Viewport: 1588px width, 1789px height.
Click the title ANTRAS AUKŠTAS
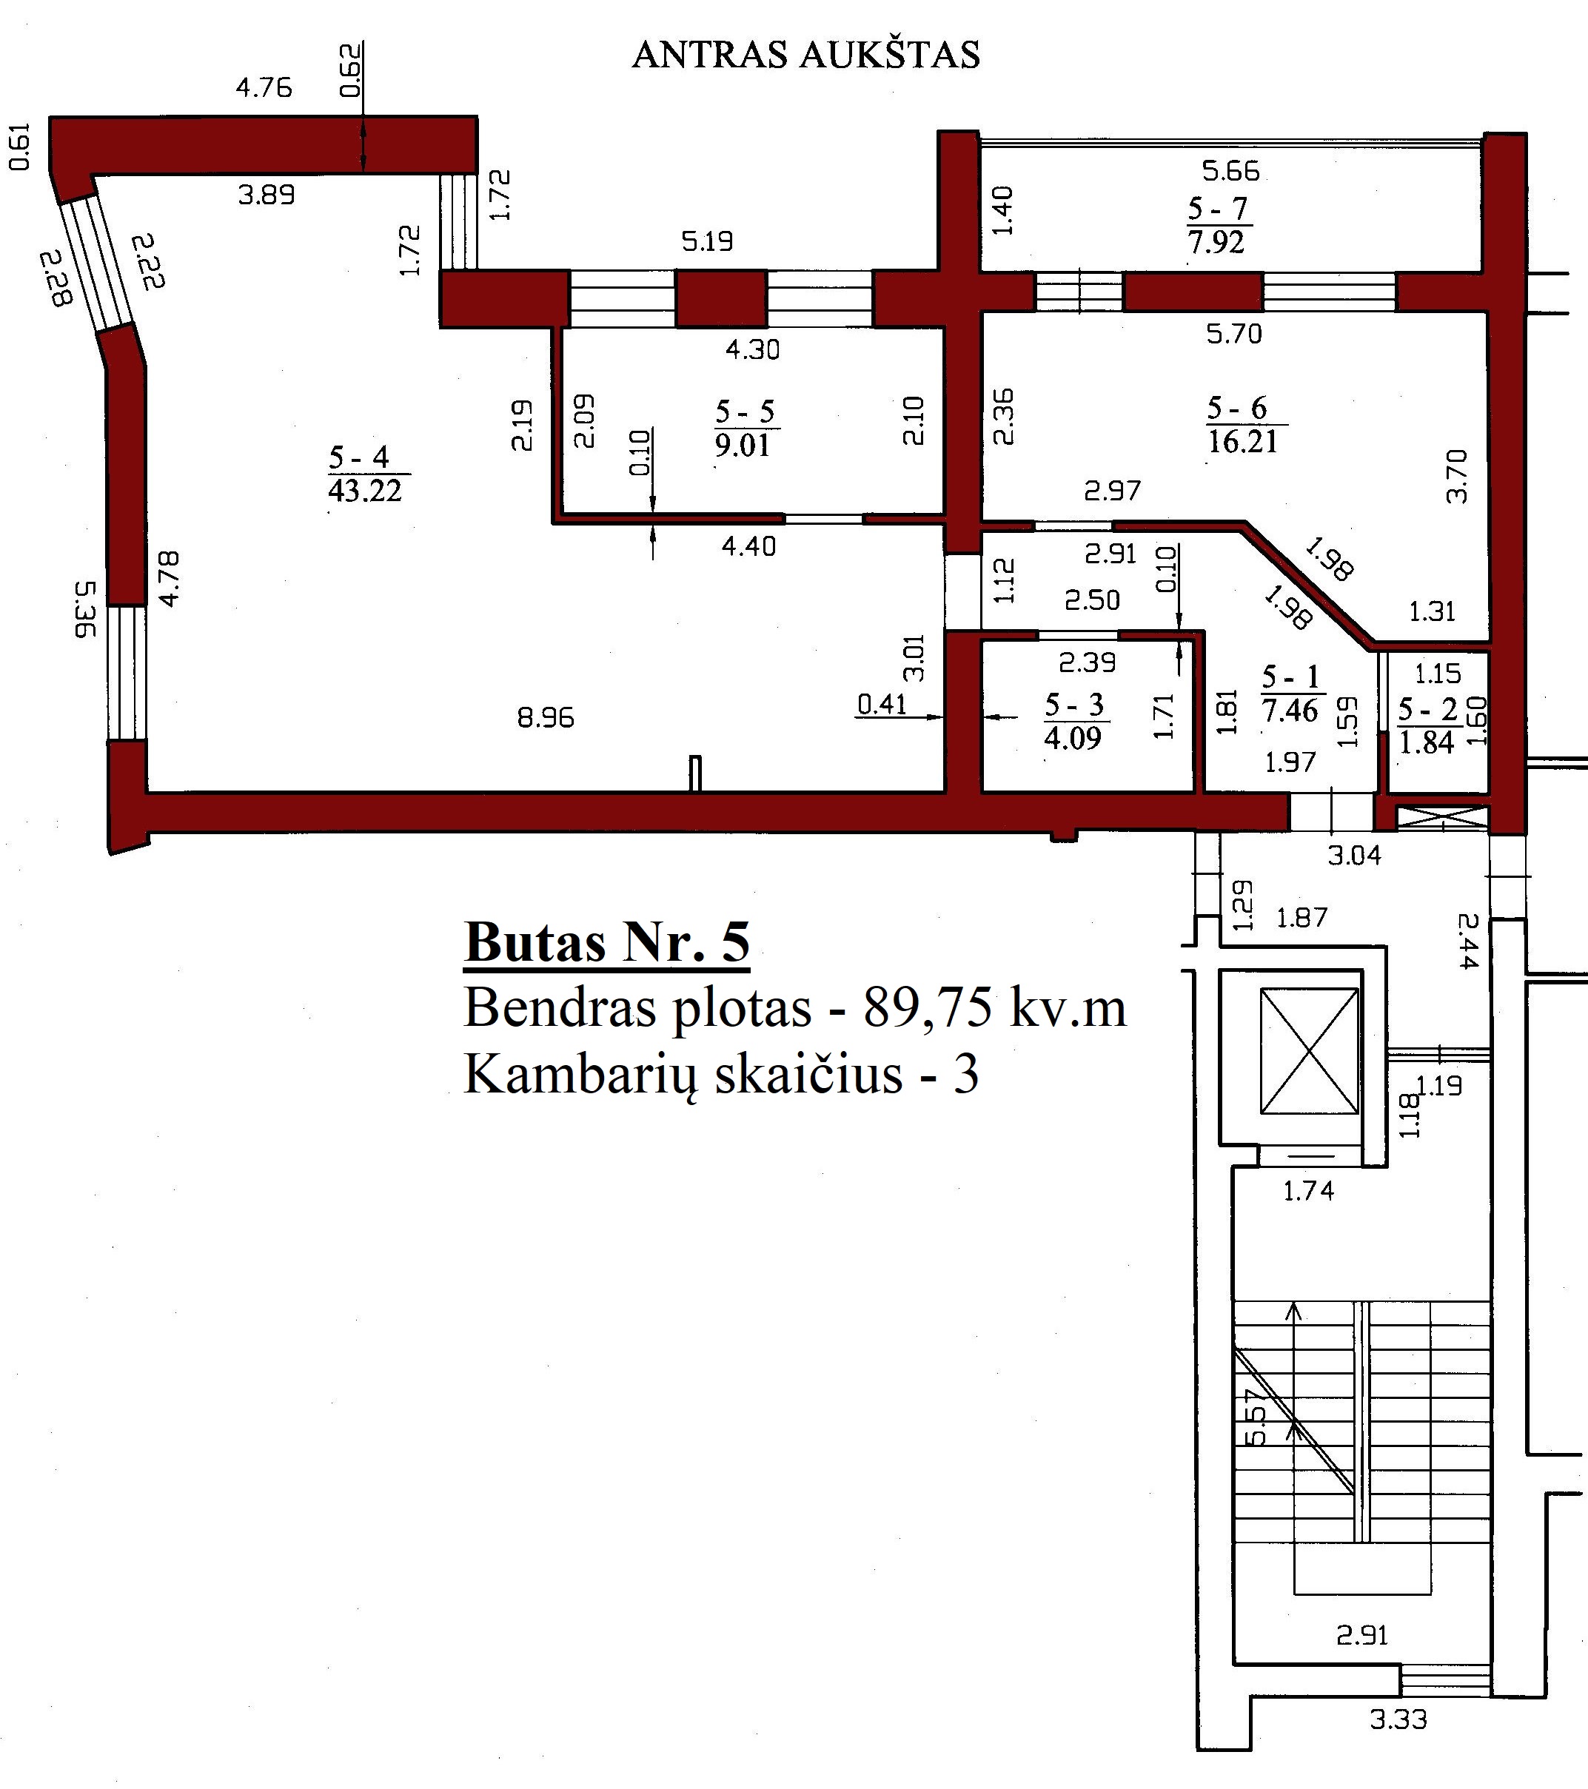click(805, 55)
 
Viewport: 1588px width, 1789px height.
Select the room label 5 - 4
click(359, 457)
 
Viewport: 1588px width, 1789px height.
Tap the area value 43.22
click(365, 491)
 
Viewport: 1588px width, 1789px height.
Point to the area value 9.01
click(743, 446)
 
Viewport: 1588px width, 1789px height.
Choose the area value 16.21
click(1243, 442)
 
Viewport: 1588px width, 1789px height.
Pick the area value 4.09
click(1073, 739)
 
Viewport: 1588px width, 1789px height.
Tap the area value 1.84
click(1427, 743)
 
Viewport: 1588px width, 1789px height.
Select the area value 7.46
click(1290, 711)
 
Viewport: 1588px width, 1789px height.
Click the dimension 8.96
click(546, 719)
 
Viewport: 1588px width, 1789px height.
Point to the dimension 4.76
click(264, 87)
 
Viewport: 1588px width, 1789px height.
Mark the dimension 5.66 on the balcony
click(1231, 171)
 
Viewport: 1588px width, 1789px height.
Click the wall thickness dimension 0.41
click(882, 704)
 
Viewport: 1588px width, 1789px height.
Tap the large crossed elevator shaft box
click(1310, 1051)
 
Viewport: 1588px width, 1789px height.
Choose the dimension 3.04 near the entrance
click(1354, 856)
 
